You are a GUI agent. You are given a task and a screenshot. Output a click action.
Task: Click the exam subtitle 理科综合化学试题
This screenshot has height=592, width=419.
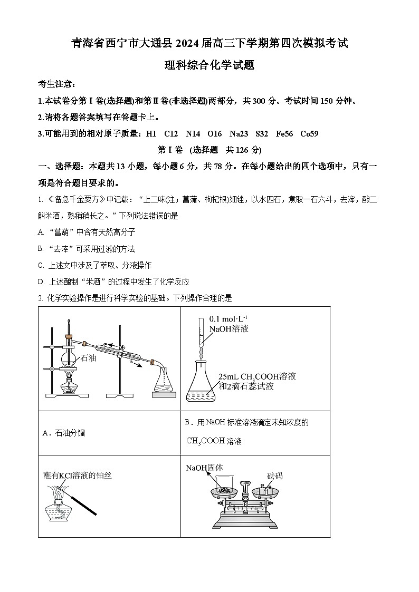(x=209, y=66)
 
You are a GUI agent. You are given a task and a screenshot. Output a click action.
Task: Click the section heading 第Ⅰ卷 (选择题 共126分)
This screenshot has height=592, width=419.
(x=209, y=150)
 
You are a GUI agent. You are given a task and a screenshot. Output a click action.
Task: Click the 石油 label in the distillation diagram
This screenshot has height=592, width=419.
(x=88, y=358)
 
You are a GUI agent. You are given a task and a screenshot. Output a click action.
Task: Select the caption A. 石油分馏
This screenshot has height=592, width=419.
(x=63, y=433)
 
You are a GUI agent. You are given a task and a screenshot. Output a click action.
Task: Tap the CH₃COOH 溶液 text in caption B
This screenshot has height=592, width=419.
(x=214, y=441)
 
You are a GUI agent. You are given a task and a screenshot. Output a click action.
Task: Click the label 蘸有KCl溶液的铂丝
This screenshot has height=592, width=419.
(x=78, y=475)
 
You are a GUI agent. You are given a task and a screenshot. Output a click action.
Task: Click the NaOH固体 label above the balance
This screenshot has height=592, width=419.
(x=204, y=468)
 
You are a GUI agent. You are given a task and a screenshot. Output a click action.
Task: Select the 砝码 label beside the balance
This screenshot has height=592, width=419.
(x=274, y=475)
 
